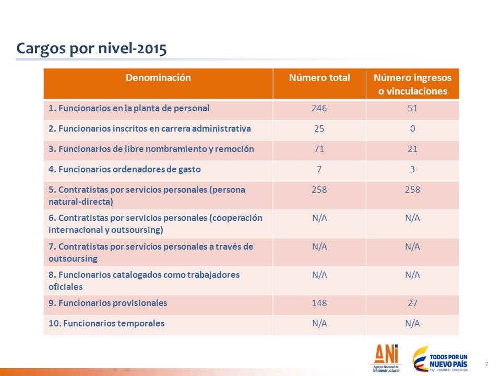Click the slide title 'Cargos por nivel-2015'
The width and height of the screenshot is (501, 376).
[x=91, y=49]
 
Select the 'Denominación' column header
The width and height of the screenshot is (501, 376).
[x=158, y=78]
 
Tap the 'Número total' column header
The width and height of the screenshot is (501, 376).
[x=319, y=78]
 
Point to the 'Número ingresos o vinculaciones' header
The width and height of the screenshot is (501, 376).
[x=412, y=85]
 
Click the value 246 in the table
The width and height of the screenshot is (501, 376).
[x=319, y=108]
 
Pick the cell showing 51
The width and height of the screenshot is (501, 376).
[x=412, y=108]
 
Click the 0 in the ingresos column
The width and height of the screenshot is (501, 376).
[x=412, y=128]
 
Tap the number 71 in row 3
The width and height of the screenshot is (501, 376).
[x=319, y=149]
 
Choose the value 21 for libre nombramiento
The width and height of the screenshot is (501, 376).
[x=412, y=149]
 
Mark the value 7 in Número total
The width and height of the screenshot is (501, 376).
[x=319, y=169]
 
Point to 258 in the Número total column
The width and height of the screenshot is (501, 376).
[x=319, y=190]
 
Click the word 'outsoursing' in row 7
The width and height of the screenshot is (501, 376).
[x=73, y=258]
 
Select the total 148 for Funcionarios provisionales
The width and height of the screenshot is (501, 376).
[x=319, y=303]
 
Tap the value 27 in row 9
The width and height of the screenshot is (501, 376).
[x=412, y=303]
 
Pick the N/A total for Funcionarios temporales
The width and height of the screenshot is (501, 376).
[x=319, y=323]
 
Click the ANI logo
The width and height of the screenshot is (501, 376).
[x=386, y=358]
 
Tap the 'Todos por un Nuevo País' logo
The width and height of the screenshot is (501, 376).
[x=440, y=359]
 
